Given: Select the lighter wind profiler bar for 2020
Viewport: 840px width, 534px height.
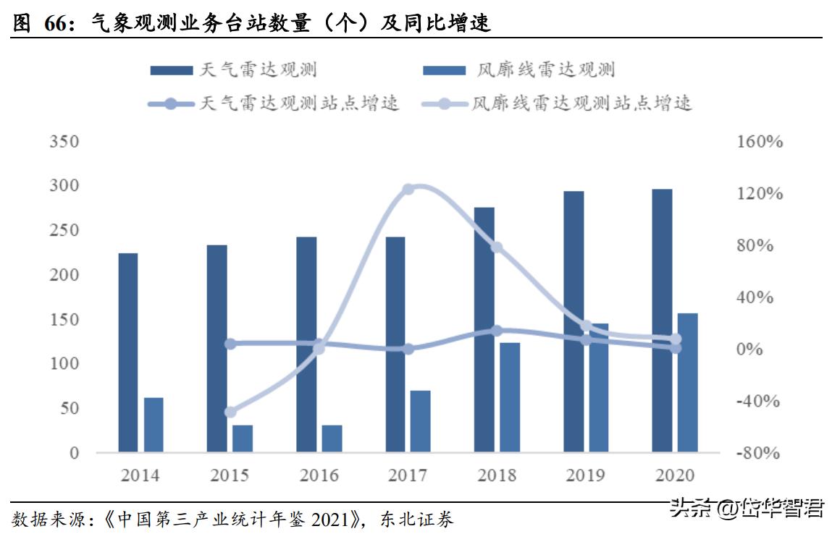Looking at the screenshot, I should click(x=687, y=383).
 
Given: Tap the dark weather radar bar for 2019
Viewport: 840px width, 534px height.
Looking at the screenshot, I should click(x=574, y=322).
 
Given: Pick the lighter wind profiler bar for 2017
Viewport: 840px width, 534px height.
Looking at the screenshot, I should click(x=420, y=422).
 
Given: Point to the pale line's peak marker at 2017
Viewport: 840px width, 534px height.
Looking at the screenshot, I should click(x=408, y=190).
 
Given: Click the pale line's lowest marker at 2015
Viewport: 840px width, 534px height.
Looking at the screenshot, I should click(x=230, y=412).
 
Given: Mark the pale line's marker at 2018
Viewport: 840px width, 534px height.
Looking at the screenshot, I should click(x=496, y=247).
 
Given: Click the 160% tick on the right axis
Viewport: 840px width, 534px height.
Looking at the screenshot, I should click(x=760, y=142).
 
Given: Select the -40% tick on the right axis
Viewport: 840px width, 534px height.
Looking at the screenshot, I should click(x=760, y=402).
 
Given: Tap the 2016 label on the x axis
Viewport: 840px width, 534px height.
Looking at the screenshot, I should click(x=319, y=475).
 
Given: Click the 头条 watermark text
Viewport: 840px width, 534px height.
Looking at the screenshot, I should click(x=690, y=508).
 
